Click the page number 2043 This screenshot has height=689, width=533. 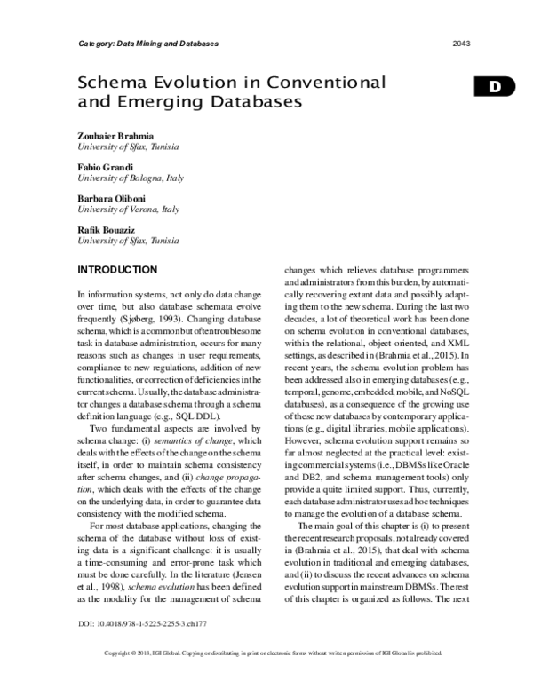(x=460, y=44)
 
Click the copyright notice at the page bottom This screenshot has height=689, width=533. (x=266, y=677)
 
